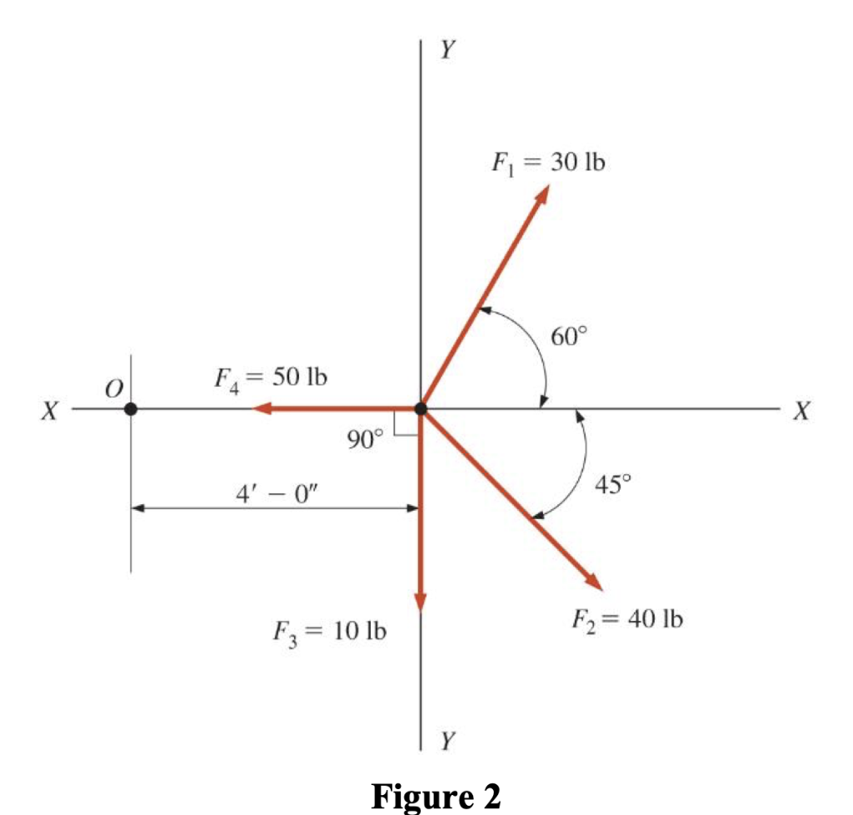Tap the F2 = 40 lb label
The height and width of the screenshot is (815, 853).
(626, 619)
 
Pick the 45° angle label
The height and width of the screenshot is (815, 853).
(615, 483)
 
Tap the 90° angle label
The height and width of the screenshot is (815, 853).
(365, 439)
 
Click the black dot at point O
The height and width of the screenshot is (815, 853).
(131, 409)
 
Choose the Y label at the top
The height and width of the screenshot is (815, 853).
(447, 51)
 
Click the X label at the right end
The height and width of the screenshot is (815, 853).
(802, 411)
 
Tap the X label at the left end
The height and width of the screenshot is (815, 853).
(52, 411)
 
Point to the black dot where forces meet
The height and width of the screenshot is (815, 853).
(421, 408)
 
